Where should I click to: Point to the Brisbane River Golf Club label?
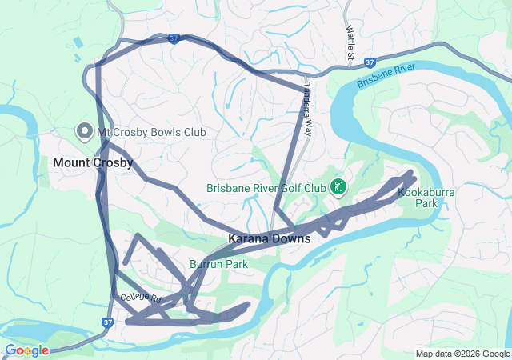(266, 189)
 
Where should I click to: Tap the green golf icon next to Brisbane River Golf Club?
(338, 188)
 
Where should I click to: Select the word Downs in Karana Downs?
(291, 238)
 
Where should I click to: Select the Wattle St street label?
(350, 44)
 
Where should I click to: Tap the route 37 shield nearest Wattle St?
(369, 61)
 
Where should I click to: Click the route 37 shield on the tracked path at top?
(174, 38)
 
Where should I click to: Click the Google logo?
(26, 350)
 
